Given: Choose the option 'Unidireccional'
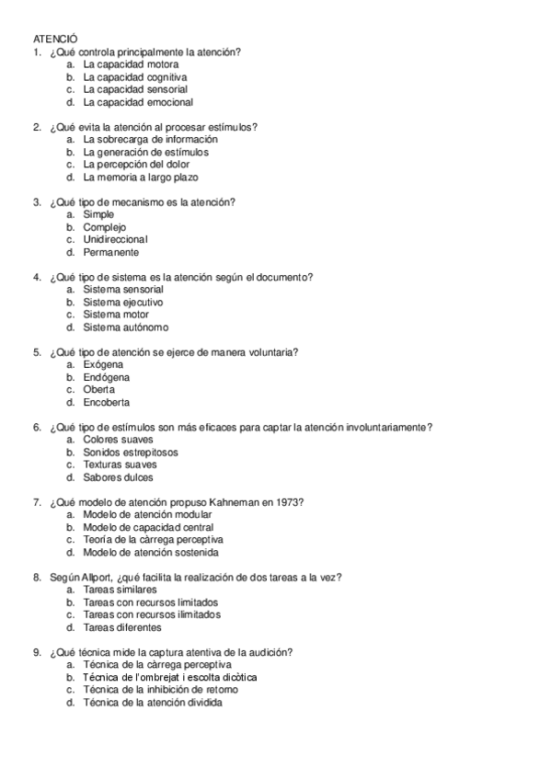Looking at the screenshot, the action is coord(115,239).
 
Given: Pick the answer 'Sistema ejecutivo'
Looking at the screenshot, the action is coord(123,302).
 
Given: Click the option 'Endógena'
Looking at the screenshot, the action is coord(106,377).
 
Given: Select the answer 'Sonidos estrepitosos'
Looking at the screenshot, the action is coord(131,453).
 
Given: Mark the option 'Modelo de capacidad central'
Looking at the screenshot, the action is coord(148,528).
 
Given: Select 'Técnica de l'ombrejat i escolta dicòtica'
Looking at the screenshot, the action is coord(170,677).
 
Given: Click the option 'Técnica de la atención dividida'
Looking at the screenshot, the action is coord(153,703).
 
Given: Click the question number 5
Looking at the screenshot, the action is coord(37,352).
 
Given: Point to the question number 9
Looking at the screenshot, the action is coord(37,652).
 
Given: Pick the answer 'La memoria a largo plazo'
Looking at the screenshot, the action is coord(141,177).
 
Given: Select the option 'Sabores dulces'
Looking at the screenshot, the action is coord(119,477).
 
